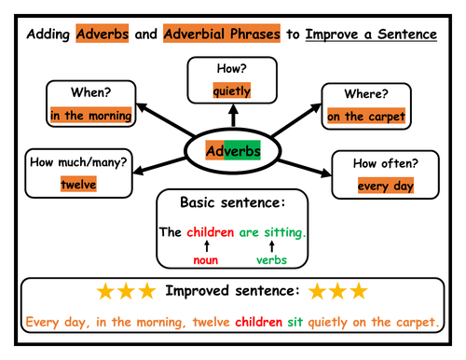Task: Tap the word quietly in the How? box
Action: [233, 90]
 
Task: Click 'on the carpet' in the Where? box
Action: [366, 117]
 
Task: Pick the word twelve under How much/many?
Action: [79, 185]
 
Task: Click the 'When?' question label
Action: [91, 92]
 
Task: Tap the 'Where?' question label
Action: [366, 94]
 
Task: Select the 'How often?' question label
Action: [384, 162]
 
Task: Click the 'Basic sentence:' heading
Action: [233, 201]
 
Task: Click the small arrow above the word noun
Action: [206, 245]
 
